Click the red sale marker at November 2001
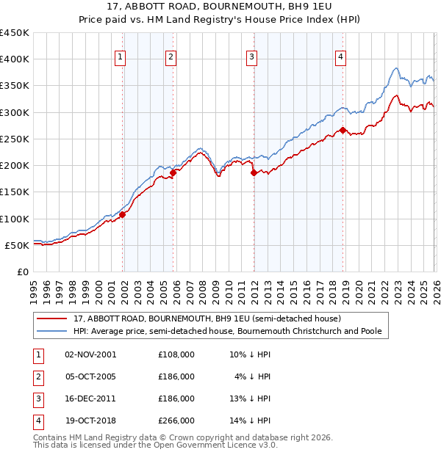(123, 215)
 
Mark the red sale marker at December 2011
(254, 173)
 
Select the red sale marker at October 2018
(343, 131)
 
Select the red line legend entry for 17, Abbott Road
(206, 319)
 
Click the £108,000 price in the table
(176, 354)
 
